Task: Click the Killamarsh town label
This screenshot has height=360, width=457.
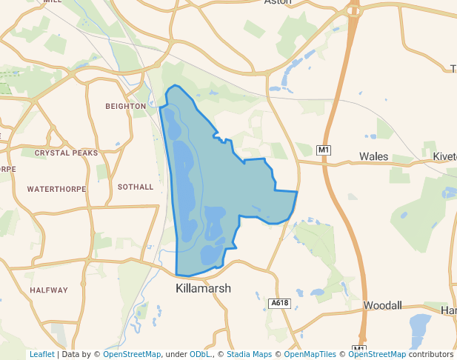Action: coord(203,288)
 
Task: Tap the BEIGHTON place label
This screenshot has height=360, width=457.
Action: coord(126,106)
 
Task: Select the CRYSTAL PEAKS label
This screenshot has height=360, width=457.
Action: coord(66,153)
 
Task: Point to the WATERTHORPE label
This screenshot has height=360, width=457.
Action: coord(56,189)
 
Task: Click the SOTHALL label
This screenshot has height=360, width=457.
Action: coord(136,187)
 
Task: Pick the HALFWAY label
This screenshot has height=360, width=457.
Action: coord(49,290)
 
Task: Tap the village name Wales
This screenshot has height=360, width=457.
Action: coord(374,156)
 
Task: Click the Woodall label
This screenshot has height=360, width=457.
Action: coord(382,305)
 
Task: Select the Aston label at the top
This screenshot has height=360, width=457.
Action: coord(278,2)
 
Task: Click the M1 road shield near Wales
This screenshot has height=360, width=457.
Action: coord(323,150)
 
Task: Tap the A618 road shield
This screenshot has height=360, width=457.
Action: coord(278,303)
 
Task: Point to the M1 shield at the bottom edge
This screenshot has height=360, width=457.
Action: coord(358,348)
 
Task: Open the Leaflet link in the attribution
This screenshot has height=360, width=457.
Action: coord(41,354)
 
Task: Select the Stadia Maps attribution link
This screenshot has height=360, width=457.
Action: coord(249,354)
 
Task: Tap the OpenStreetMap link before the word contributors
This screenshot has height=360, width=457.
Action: coord(377,354)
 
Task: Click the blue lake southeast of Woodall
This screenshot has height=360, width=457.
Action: coord(419,326)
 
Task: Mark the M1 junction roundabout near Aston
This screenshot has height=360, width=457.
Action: coord(354,10)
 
